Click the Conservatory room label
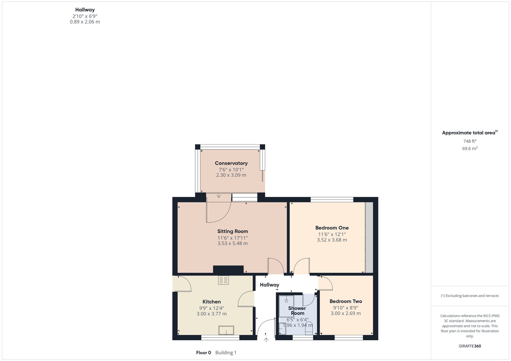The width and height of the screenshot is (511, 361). pyautogui.click(x=231, y=163)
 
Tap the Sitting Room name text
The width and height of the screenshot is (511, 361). pyautogui.click(x=233, y=231)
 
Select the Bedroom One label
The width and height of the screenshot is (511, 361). pyautogui.click(x=332, y=228)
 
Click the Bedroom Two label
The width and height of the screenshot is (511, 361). pyautogui.click(x=346, y=301)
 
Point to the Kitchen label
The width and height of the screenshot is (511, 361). pyautogui.click(x=212, y=302)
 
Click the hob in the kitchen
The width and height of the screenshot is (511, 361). pyautogui.click(x=223, y=280)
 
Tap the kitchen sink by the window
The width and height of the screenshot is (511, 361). pyautogui.click(x=226, y=330)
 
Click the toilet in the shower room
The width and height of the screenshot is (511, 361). pyautogui.click(x=309, y=329)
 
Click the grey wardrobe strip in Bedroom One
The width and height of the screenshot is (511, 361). pyautogui.click(x=369, y=237)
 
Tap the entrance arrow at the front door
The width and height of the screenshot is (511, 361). pyautogui.click(x=266, y=340)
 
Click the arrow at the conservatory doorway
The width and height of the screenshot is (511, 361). pyautogui.click(x=219, y=196)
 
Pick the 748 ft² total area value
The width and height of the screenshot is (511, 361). pyautogui.click(x=470, y=141)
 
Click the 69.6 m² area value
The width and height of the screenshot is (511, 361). pyautogui.click(x=470, y=148)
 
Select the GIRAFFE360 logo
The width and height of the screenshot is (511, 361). pyautogui.click(x=470, y=346)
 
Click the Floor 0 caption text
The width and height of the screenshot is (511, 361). pyautogui.click(x=204, y=353)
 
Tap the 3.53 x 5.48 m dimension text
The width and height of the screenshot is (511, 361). pyautogui.click(x=233, y=243)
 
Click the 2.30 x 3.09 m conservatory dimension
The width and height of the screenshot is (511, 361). pyautogui.click(x=231, y=175)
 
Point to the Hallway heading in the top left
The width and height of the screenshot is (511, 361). pyautogui.click(x=85, y=10)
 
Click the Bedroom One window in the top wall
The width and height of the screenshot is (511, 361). pyautogui.click(x=332, y=200)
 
